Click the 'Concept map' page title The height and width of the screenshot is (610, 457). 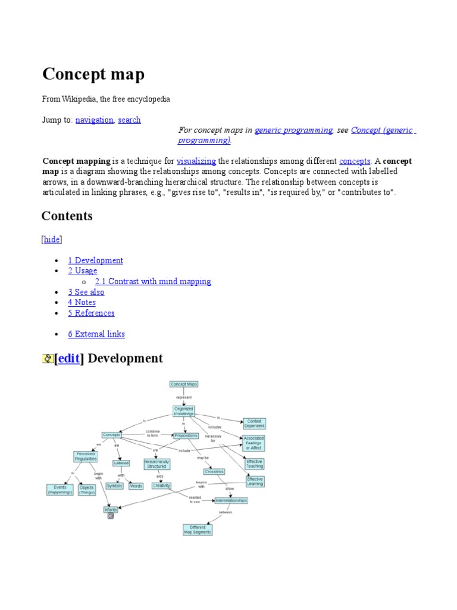point(93,74)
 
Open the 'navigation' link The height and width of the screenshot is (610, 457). point(94,120)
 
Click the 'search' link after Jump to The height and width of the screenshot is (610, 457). point(129,120)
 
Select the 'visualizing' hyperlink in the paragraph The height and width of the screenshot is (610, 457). point(196,161)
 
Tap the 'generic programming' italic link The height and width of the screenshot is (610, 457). point(293,130)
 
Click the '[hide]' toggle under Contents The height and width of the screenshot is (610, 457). point(52,239)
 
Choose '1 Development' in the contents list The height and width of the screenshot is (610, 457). point(95,260)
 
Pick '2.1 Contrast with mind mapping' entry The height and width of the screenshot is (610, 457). point(153,281)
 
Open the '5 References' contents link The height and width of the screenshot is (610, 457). point(91,313)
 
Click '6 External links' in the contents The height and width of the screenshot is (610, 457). point(96,334)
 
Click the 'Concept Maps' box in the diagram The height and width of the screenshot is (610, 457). point(184,384)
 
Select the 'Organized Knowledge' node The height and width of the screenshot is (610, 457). point(184,411)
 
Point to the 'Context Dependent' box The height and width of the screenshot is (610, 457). point(254,424)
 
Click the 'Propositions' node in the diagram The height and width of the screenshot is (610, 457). point(186,435)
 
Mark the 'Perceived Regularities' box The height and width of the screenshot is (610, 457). point(86,457)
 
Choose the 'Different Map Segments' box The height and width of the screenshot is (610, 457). point(197,529)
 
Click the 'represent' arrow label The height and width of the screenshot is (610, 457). point(184,397)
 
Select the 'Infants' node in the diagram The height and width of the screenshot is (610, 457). point(111,509)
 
